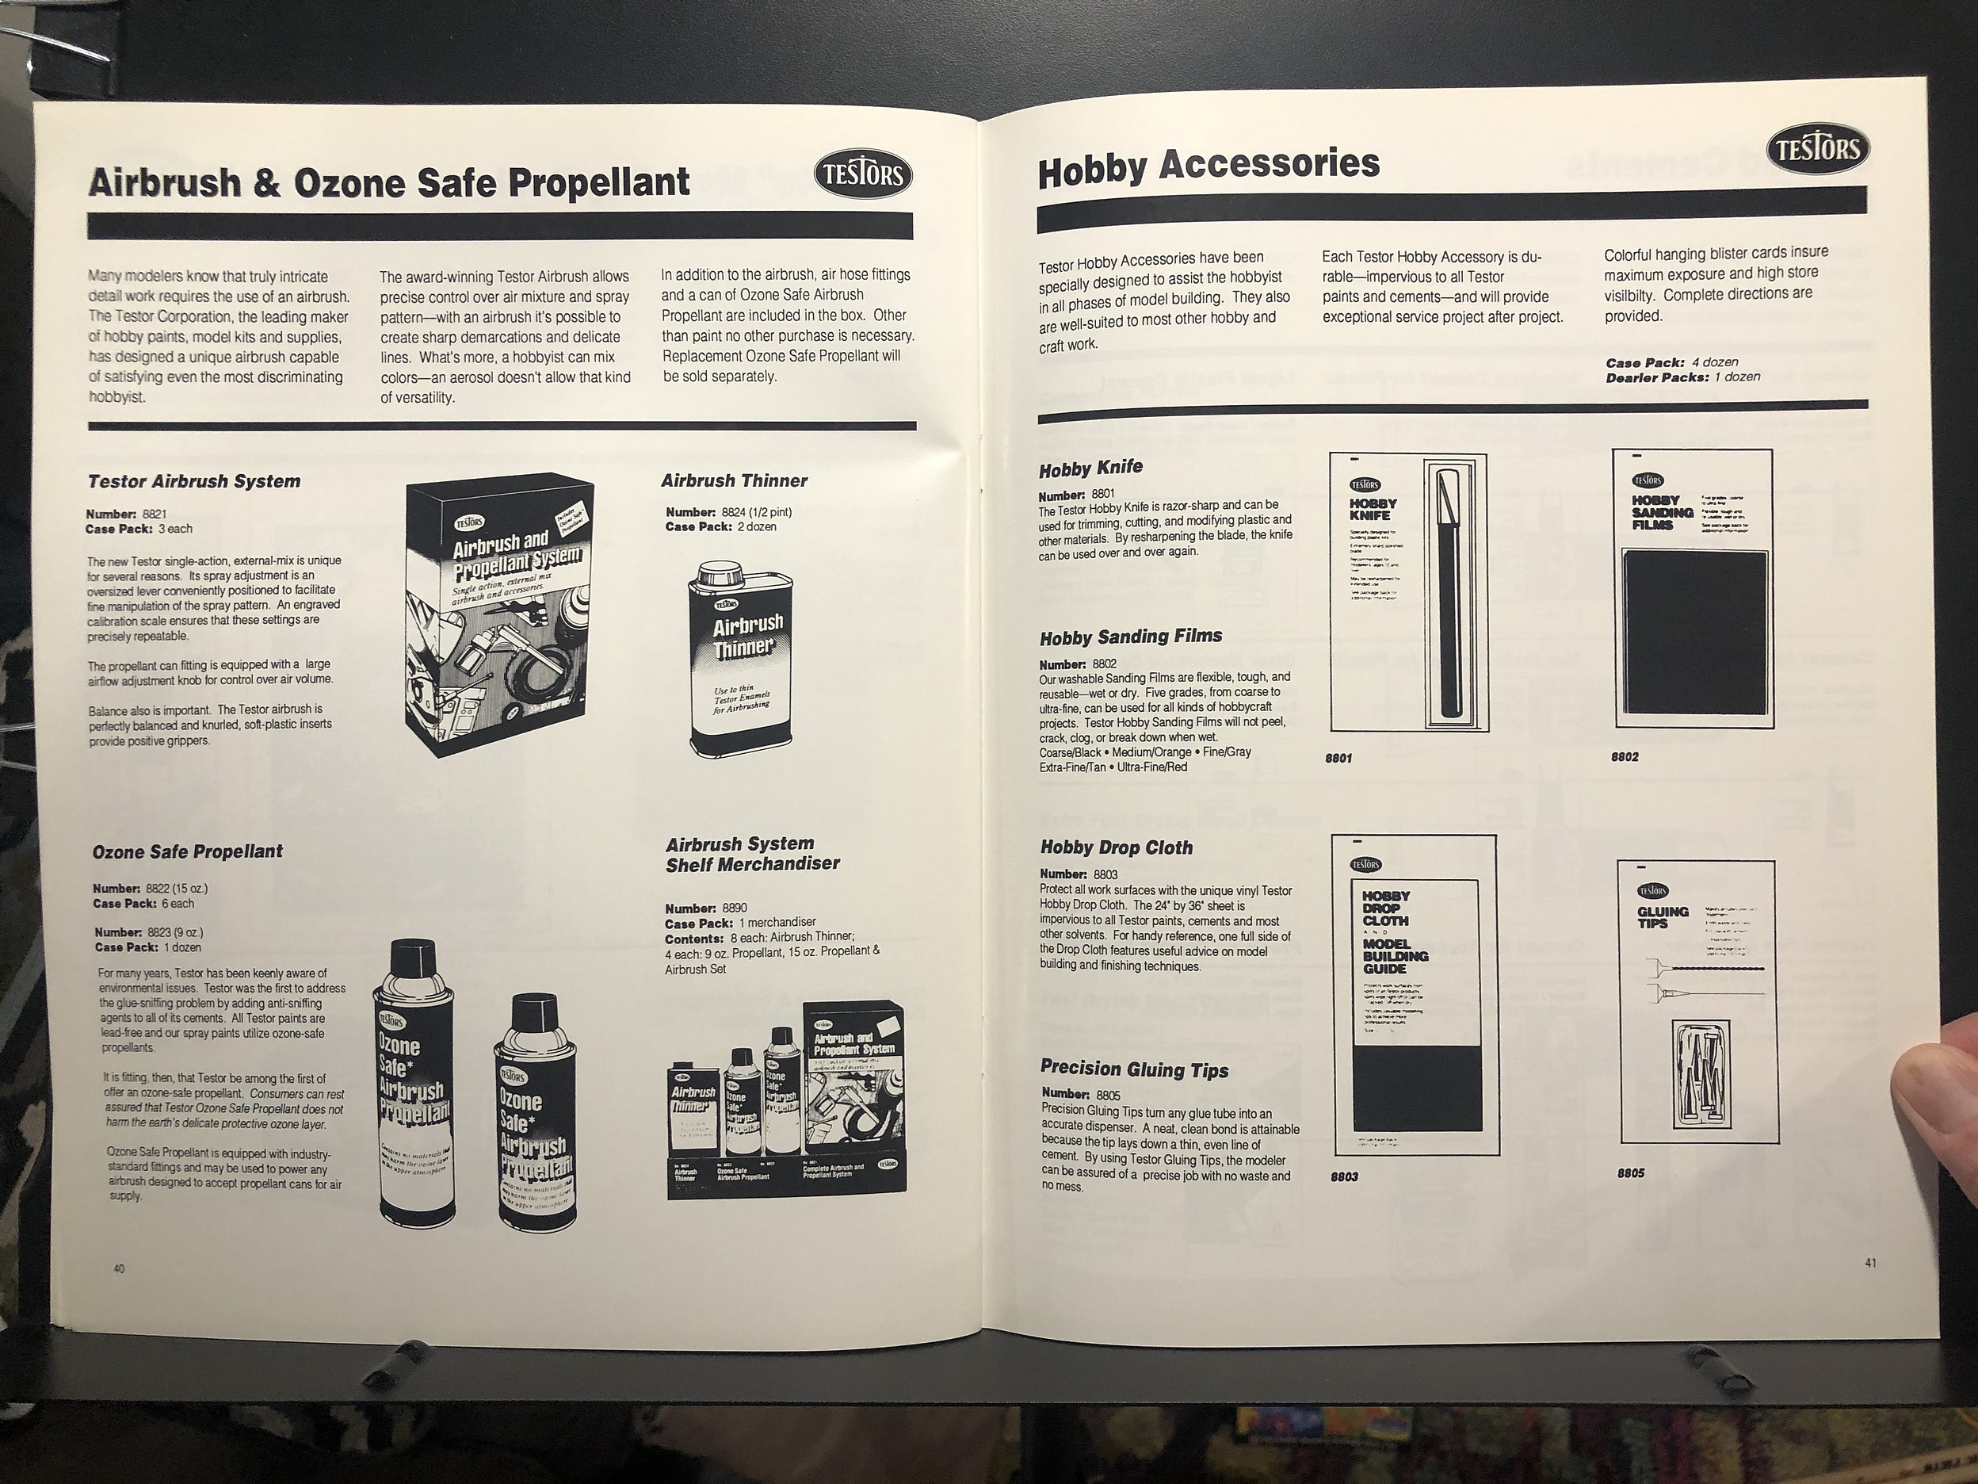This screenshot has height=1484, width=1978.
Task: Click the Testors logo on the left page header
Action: [863, 175]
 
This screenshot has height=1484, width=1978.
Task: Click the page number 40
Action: [119, 1268]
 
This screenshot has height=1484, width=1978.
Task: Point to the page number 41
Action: [1871, 1263]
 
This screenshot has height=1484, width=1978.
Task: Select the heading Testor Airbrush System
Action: [193, 481]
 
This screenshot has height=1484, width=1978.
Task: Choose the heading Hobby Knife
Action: [1090, 468]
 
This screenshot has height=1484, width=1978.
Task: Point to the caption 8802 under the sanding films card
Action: [1624, 757]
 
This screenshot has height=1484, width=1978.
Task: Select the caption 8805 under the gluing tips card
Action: [1630, 1172]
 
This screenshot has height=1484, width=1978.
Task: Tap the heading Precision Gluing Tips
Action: [1134, 1070]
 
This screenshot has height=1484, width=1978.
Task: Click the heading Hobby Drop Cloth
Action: [1116, 847]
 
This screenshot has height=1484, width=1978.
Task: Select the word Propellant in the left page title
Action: [599, 182]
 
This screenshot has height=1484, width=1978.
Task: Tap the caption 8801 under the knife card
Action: [1338, 759]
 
